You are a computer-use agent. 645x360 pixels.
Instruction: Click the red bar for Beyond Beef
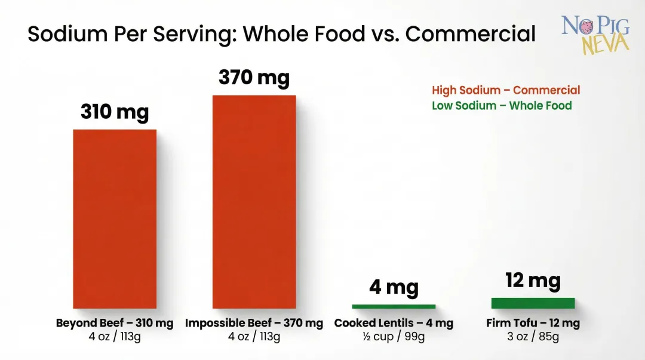115,219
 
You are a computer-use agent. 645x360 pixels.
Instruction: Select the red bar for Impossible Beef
254,202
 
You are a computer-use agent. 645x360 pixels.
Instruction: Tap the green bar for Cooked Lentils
394,306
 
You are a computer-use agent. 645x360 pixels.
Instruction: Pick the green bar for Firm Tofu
533,303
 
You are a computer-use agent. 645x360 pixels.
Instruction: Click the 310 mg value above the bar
115,112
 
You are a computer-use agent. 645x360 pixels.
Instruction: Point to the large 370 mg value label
254,78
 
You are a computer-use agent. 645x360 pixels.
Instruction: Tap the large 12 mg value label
533,280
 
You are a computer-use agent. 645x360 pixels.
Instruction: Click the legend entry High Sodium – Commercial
506,90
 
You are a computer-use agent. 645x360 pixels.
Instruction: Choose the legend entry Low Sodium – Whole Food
502,106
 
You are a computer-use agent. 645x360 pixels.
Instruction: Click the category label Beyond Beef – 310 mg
115,323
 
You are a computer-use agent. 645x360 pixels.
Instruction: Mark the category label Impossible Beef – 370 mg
254,323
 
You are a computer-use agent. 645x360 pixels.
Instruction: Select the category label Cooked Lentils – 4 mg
394,323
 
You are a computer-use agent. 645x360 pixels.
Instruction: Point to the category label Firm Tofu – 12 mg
533,323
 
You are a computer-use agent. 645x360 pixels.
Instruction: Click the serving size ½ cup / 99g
394,337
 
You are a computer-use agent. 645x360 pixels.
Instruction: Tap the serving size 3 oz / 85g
533,337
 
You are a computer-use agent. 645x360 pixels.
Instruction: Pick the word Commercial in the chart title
471,34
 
